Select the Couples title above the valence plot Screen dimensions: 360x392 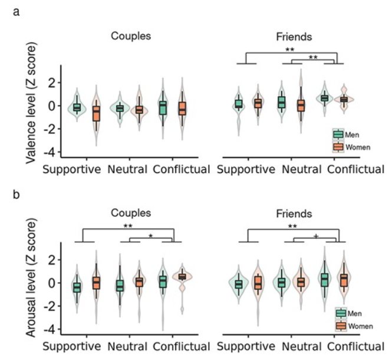(131, 35)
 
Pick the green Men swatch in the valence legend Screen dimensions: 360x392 (338, 135)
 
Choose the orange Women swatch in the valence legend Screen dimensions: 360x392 (338, 146)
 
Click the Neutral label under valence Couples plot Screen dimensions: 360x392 (128, 170)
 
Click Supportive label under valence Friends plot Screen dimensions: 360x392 (246, 170)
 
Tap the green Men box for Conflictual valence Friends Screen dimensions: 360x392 (324, 98)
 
